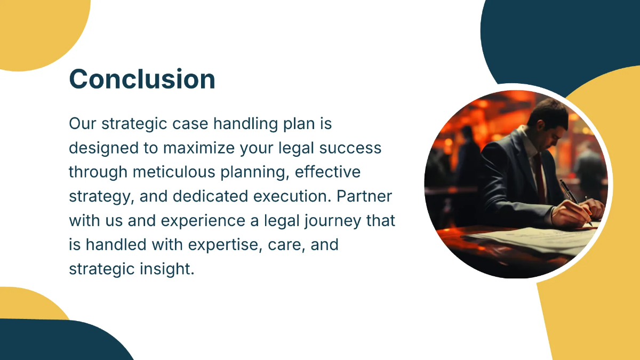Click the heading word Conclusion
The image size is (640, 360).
tap(142, 79)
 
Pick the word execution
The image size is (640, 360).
tap(293, 196)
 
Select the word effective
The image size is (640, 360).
tap(327, 172)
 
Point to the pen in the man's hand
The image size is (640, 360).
tap(571, 195)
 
